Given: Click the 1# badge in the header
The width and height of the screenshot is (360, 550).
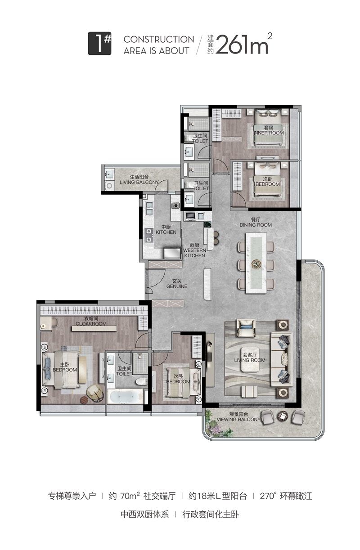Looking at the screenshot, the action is (x=99, y=44).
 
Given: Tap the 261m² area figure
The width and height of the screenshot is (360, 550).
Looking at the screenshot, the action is (x=244, y=44).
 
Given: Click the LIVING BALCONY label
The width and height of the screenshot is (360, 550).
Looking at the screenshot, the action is (x=139, y=182).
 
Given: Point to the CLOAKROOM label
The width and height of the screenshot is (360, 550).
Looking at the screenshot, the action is (x=91, y=324).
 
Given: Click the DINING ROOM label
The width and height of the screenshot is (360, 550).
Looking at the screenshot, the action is (x=256, y=225).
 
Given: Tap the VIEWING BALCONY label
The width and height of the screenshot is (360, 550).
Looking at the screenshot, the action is (x=238, y=420).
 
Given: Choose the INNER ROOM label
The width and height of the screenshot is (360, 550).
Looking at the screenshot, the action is (x=269, y=133).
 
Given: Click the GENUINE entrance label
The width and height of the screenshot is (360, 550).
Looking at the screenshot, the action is (x=177, y=286).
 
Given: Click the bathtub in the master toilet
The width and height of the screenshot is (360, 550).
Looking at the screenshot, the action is (x=125, y=397).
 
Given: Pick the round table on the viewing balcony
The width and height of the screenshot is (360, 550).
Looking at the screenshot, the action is (x=283, y=416).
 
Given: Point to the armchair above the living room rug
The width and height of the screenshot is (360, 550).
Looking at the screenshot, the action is (x=246, y=327).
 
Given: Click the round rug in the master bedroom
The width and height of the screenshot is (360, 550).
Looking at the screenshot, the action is (x=84, y=400).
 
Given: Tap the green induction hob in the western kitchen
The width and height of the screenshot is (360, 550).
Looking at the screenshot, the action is (x=207, y=224).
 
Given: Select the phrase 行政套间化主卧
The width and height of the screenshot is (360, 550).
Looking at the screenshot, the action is (x=210, y=514).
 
